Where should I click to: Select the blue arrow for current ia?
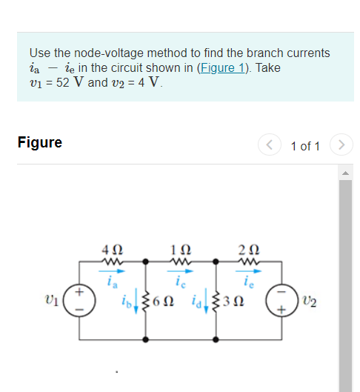[x=110, y=272]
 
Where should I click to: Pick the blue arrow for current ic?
[x=179, y=272]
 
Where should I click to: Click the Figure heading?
[x=40, y=143]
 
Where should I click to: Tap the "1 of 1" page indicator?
[x=305, y=145]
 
